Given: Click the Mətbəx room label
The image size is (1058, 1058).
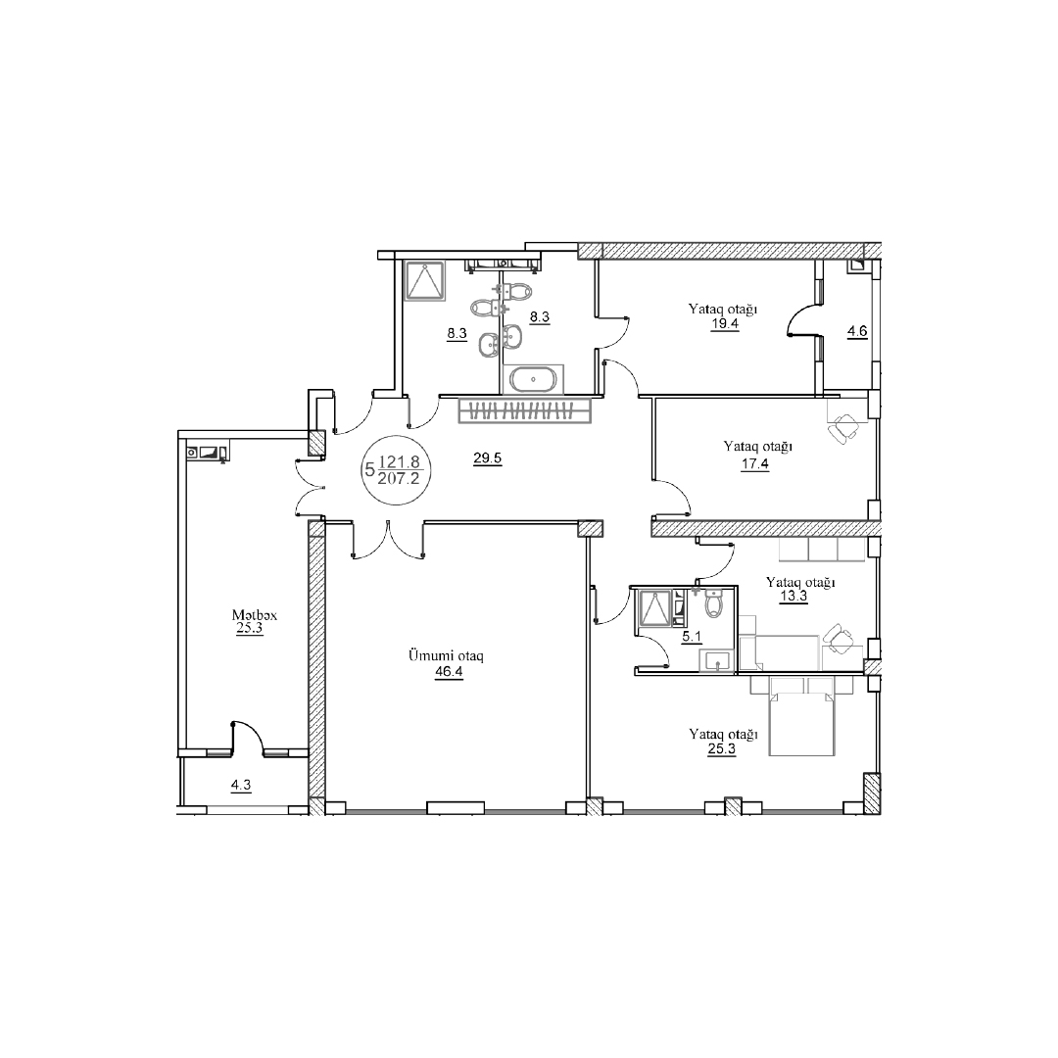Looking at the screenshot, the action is [x=255, y=615].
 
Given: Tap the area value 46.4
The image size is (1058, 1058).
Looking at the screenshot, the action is [x=449, y=672].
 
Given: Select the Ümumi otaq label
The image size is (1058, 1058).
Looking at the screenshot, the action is [x=446, y=655].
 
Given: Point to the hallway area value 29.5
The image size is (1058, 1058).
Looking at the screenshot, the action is [x=487, y=458].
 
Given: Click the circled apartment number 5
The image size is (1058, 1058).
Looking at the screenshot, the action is [x=369, y=469].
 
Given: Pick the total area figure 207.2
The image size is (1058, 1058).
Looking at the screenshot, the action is [x=399, y=478].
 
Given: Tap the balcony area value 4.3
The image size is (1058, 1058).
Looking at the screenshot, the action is [x=241, y=786].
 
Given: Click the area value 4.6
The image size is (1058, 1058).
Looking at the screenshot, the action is [x=857, y=332].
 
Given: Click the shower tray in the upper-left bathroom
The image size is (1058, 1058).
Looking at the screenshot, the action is [x=425, y=280].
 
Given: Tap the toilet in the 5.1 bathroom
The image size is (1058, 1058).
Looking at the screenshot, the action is [x=713, y=603].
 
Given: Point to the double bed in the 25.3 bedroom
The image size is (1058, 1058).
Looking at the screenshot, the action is [x=802, y=716].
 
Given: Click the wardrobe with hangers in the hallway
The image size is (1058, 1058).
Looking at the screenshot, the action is [x=524, y=410].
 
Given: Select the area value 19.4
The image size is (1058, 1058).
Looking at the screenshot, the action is [x=724, y=324].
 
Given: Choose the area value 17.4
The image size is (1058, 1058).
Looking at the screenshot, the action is [x=755, y=464].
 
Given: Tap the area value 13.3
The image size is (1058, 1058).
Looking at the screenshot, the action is [x=793, y=597].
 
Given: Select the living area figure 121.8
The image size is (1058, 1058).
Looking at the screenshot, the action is [x=400, y=462].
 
